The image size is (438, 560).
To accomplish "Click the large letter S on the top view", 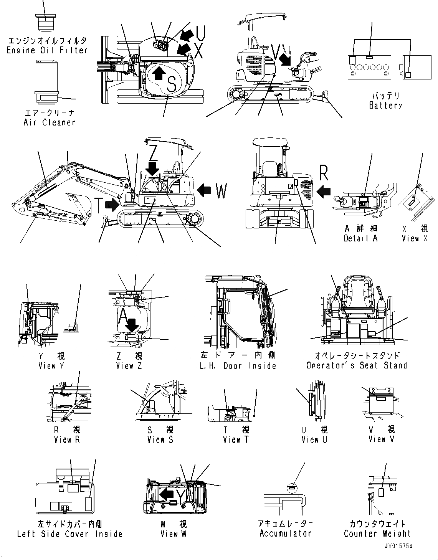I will [172, 84].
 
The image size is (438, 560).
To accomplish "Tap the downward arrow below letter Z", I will [153, 167].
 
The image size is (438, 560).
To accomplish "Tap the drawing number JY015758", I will [397, 546].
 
